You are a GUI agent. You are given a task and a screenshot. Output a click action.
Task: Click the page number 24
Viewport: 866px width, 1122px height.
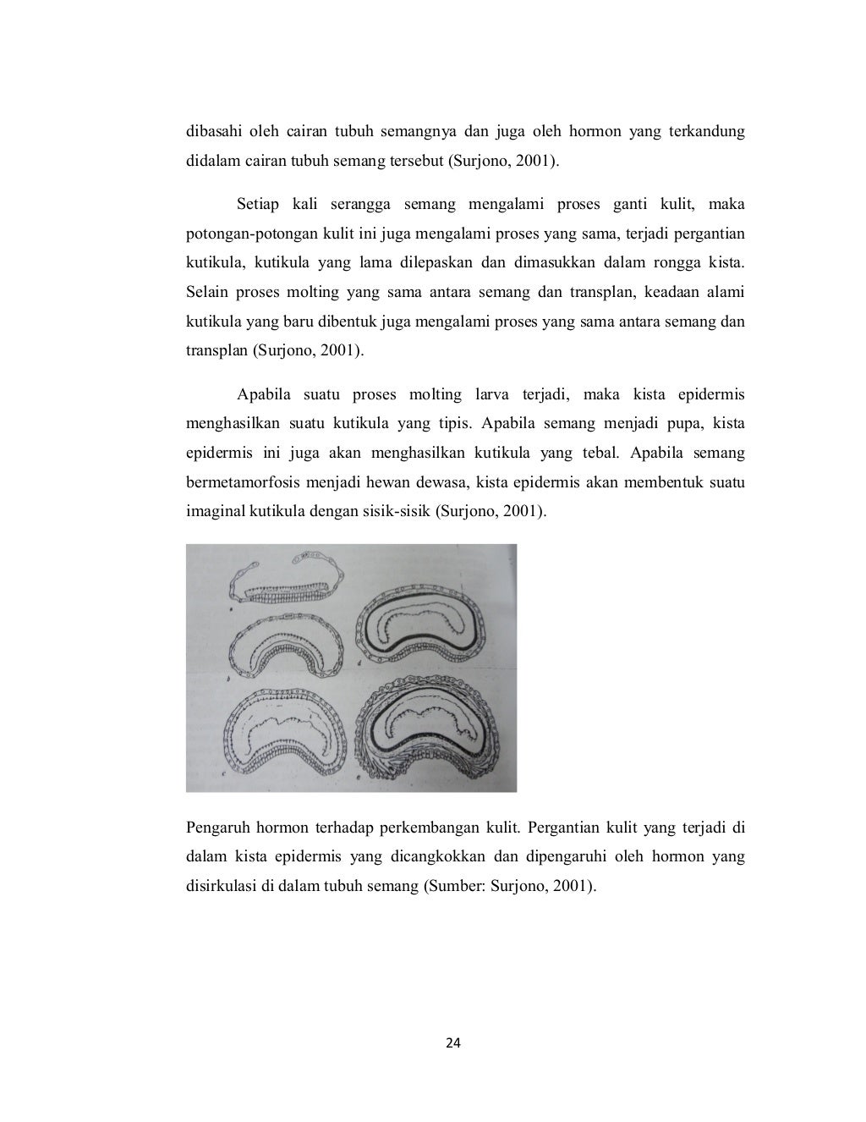click(x=453, y=1043)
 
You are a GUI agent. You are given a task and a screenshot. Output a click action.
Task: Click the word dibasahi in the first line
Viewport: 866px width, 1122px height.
click(x=211, y=131)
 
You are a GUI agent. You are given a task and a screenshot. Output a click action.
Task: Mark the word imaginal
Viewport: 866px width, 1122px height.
click(x=214, y=511)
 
